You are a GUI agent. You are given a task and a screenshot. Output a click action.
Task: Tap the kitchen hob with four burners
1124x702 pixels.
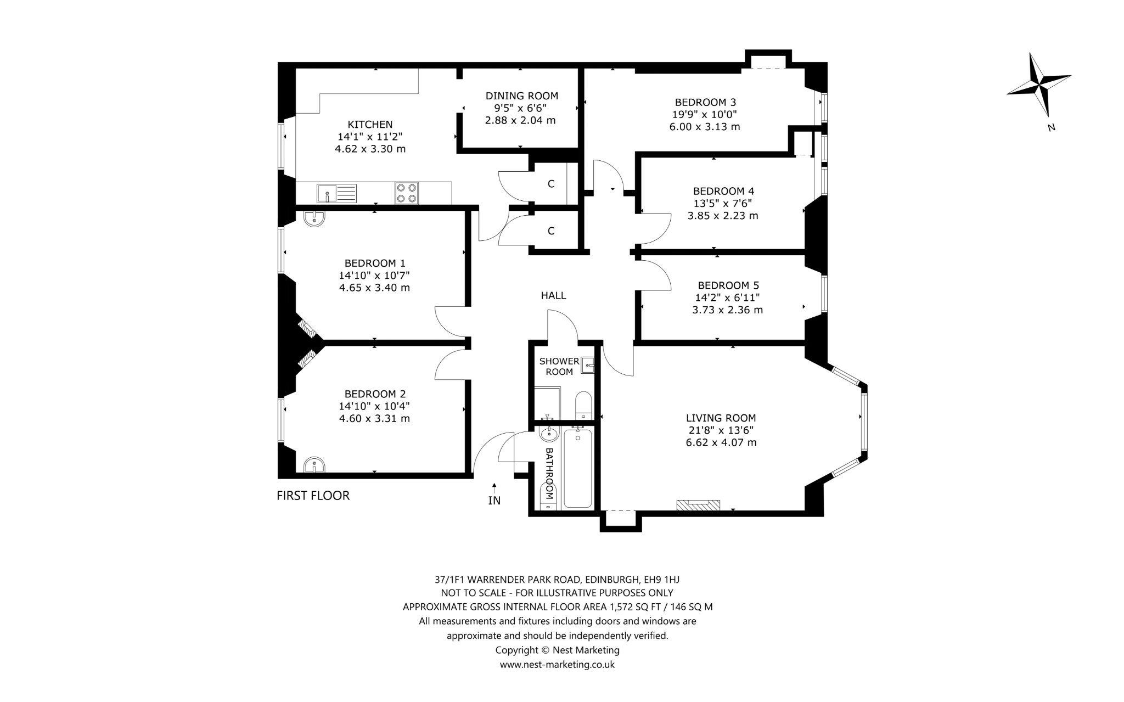pyautogui.click(x=406, y=193)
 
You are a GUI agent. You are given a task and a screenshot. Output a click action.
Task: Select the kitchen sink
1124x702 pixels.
pyautogui.click(x=336, y=193)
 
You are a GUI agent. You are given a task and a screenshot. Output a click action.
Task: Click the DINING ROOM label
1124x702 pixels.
pyautogui.click(x=522, y=96)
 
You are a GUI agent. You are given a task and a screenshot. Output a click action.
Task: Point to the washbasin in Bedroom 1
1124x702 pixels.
pyautogui.click(x=314, y=218)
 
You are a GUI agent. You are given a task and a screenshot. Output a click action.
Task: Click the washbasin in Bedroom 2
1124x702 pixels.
pyautogui.click(x=314, y=464)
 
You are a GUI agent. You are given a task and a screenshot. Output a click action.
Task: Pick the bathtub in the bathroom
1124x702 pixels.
pyautogui.click(x=577, y=468)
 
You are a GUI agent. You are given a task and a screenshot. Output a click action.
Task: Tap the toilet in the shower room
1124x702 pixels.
pyautogui.click(x=582, y=405)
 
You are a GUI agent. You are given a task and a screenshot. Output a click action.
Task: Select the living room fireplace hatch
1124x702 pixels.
pyautogui.click(x=698, y=506)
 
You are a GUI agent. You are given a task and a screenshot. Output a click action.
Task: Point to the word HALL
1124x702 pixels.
pyautogui.click(x=553, y=296)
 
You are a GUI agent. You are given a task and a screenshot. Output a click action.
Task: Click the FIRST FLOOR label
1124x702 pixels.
pyautogui.click(x=313, y=496)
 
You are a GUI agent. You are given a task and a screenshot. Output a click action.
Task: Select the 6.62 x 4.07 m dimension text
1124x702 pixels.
pyautogui.click(x=721, y=442)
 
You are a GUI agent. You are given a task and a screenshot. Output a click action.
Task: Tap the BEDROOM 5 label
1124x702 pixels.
pyautogui.click(x=728, y=285)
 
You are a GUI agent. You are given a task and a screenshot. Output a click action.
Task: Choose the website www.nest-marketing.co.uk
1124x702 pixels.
pyautogui.click(x=557, y=665)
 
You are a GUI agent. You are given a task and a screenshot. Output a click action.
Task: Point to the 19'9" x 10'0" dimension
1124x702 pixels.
pyautogui.click(x=705, y=114)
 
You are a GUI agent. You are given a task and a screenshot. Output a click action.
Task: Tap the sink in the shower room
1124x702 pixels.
pyautogui.click(x=588, y=364)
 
